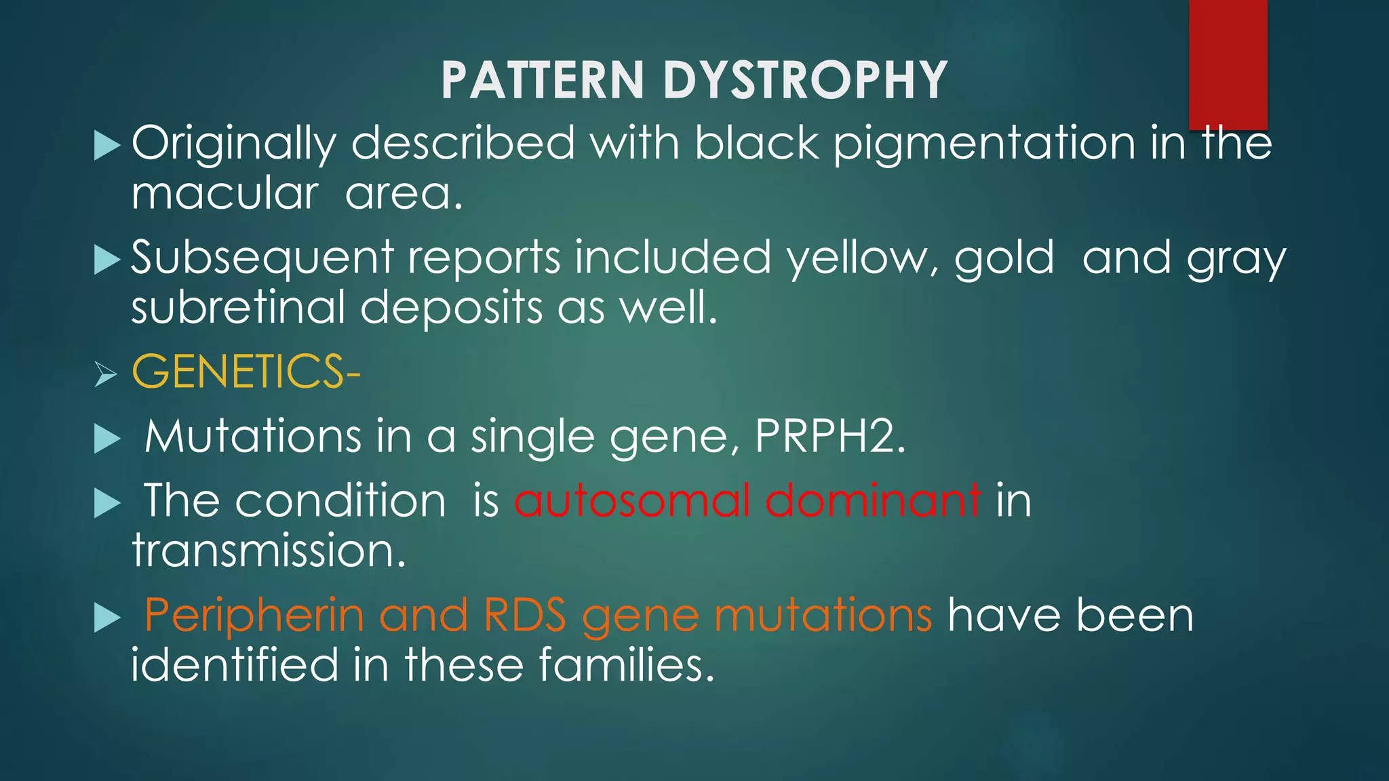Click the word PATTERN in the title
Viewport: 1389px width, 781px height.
pos(542,80)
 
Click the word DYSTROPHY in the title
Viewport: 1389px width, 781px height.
pos(805,80)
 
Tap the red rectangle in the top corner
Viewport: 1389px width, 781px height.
pos(1228,64)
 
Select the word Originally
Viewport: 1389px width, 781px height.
pos(233,144)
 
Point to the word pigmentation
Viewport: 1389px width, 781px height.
pos(984,144)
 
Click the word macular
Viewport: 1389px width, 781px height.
pos(224,194)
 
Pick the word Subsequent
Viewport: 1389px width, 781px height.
pos(262,258)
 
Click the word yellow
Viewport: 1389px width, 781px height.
pos(862,258)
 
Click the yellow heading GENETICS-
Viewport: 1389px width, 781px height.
pos(246,372)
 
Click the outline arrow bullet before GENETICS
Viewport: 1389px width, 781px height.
pos(106,373)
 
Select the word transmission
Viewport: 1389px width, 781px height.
pos(269,550)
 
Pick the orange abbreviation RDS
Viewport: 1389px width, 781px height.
pos(525,616)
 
